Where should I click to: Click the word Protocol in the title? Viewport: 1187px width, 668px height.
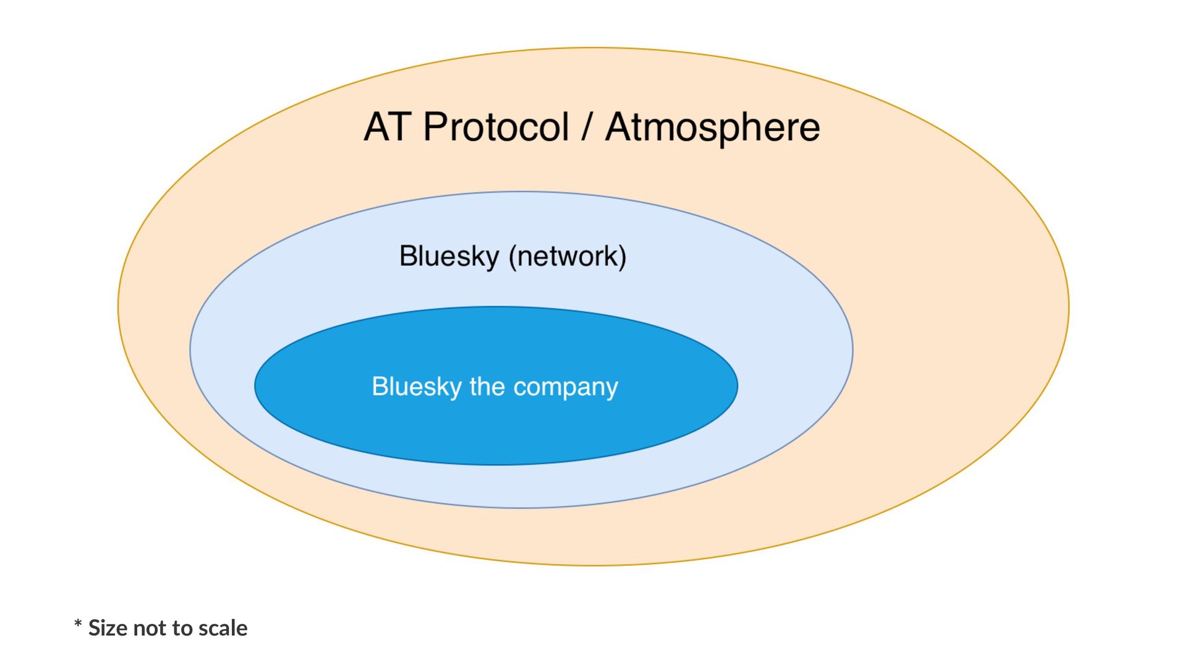click(496, 127)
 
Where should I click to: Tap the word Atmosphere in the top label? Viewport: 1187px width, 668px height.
click(712, 127)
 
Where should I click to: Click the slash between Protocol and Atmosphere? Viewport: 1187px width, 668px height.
click(587, 127)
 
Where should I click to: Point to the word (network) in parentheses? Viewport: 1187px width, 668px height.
click(568, 256)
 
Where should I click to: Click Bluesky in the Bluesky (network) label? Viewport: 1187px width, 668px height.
click(449, 256)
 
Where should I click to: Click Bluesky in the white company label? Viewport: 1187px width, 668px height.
click(417, 387)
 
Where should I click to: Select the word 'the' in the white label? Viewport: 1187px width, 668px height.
click(487, 387)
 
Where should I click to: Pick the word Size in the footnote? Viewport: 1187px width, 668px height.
click(108, 628)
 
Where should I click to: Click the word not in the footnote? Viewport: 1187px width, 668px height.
click(148, 628)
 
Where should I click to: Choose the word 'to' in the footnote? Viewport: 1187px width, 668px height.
click(182, 628)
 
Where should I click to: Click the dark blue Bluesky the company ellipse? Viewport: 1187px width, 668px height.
click(495, 433)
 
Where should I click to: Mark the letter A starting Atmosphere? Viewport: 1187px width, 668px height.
click(619, 127)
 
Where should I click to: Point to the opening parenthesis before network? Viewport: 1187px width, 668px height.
click(513, 257)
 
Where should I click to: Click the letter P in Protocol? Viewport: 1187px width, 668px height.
click(436, 127)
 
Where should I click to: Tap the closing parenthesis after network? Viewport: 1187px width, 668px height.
click(623, 257)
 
